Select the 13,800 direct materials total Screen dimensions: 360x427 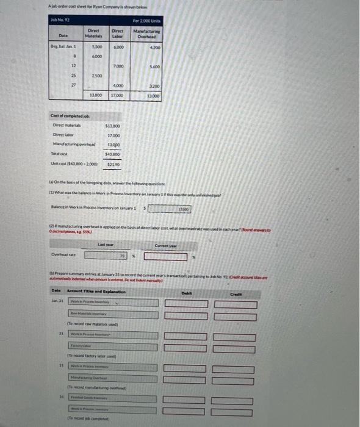point(96,95)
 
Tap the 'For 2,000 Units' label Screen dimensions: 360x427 point(147,22)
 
